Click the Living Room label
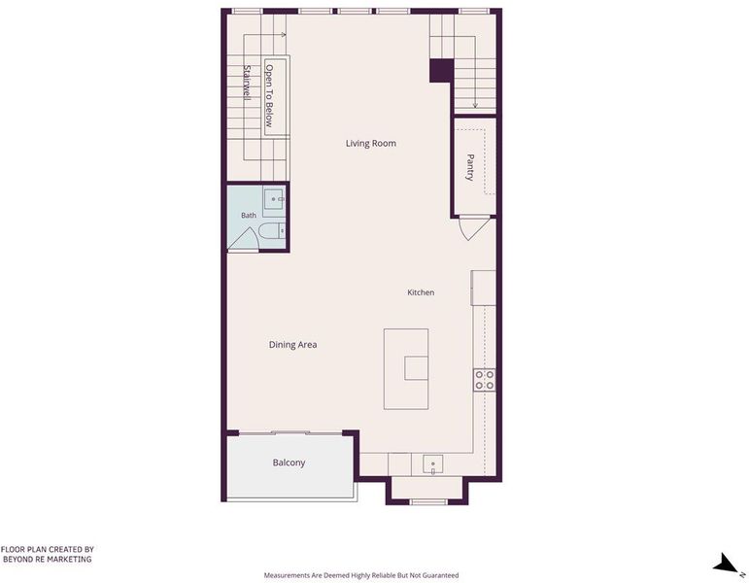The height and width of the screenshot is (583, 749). pyautogui.click(x=371, y=144)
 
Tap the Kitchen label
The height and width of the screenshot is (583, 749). pyautogui.click(x=421, y=292)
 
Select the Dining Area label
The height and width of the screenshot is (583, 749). pyautogui.click(x=292, y=345)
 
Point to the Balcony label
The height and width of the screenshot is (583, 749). pyautogui.click(x=289, y=463)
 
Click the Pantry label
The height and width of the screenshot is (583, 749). pyautogui.click(x=470, y=167)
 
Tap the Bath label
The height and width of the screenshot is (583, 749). pyautogui.click(x=249, y=215)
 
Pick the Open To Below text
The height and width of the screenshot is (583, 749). pyautogui.click(x=269, y=95)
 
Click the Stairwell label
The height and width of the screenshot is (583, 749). pyautogui.click(x=247, y=83)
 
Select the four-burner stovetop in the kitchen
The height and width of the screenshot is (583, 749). pyautogui.click(x=485, y=380)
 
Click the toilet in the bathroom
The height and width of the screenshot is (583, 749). pyautogui.click(x=272, y=232)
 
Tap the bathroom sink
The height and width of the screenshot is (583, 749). pyautogui.click(x=274, y=199)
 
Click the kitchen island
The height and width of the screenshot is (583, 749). pyautogui.click(x=406, y=369)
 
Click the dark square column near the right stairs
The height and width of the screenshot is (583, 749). pyautogui.click(x=441, y=71)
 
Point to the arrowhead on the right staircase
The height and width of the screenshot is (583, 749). pyautogui.click(x=475, y=105)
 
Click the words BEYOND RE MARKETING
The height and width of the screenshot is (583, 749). pyautogui.click(x=48, y=559)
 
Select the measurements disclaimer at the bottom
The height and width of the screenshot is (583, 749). pyautogui.click(x=361, y=575)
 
